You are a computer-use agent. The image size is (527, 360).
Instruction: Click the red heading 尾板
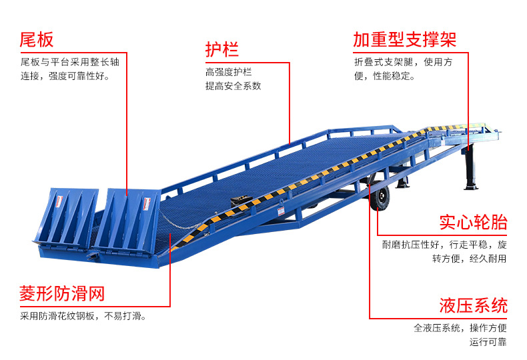(37, 39)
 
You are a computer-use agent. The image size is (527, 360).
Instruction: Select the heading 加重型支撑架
(405, 39)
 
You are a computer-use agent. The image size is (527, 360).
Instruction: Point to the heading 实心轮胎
(473, 222)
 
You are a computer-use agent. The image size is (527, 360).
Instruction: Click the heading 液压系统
(473, 306)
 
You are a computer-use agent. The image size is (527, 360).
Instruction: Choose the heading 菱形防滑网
(62, 293)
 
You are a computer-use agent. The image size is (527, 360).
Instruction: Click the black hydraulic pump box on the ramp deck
(239, 199)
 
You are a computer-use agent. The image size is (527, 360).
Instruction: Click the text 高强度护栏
(229, 72)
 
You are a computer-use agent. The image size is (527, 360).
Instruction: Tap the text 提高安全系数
(233, 86)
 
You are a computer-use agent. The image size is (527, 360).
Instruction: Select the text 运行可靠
(488, 342)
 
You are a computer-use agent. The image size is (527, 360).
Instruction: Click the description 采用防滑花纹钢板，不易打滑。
(83, 316)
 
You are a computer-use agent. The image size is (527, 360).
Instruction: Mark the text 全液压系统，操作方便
(460, 328)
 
